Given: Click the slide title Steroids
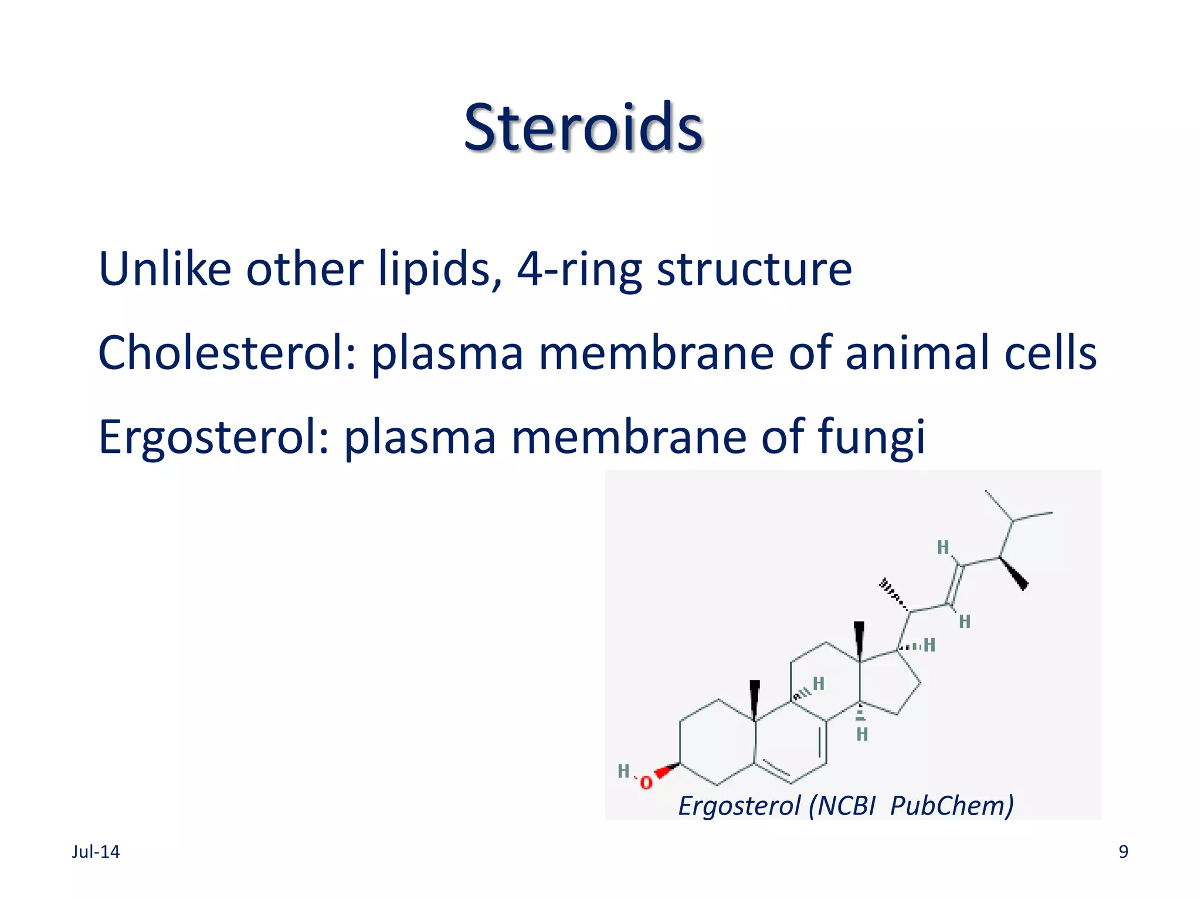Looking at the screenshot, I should tap(583, 127).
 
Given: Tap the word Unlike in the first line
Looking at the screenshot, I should tap(165, 269).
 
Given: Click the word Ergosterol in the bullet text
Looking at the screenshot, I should tap(215, 437).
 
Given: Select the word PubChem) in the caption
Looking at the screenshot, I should tap(952, 806).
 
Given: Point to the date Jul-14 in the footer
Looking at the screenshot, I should tap(96, 852).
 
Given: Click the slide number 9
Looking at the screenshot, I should tap(1123, 852).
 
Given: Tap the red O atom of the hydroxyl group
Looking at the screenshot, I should tap(646, 783).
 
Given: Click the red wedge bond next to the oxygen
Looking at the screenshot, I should tap(666, 771).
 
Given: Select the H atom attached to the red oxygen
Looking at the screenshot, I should tap(623, 771).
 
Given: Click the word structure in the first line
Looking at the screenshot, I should tap(754, 269).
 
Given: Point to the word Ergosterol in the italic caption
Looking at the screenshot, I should tap(739, 806).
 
